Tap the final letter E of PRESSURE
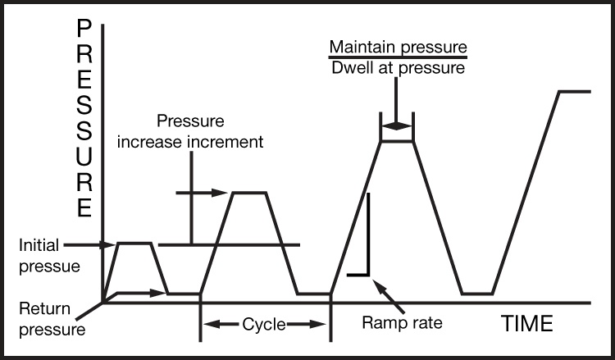click(84, 207)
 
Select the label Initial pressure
click(39, 256)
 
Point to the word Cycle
click(264, 325)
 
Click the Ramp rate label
click(402, 322)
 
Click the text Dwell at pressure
click(398, 68)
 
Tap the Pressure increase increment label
click(191, 131)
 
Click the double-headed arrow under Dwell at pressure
click(396, 126)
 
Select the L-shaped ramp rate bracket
click(367, 246)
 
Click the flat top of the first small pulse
click(135, 243)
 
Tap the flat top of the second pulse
click(250, 193)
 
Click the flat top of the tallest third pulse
click(397, 142)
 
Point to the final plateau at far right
click(574, 91)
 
